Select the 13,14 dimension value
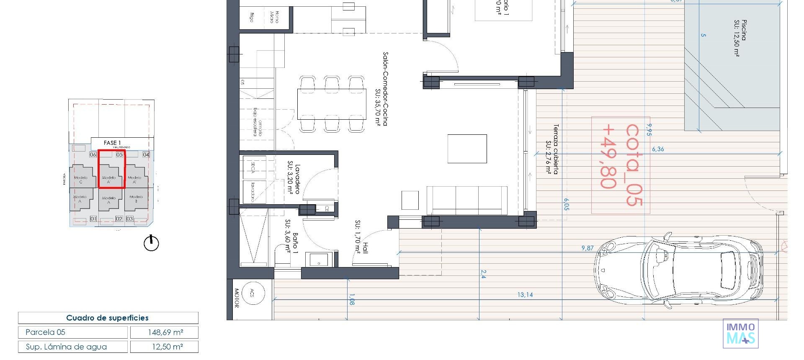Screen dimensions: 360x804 525,295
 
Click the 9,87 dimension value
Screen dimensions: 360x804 587,248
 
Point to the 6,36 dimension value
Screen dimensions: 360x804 657,149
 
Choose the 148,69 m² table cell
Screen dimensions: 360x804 165,332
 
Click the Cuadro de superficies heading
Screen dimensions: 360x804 108,318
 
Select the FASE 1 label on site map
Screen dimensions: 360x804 112,143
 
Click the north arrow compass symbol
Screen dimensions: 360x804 151,243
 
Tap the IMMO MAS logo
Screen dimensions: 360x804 740,334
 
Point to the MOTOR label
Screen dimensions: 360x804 236,298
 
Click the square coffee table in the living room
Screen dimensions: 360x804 467,149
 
